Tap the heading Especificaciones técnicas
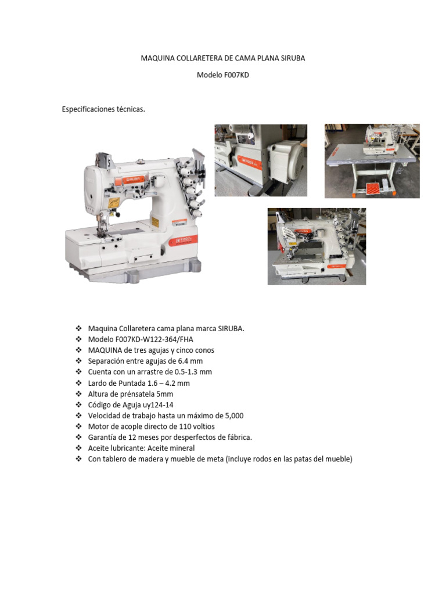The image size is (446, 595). point(103,109)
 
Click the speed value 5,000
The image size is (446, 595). point(232,415)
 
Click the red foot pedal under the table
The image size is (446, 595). point(372,188)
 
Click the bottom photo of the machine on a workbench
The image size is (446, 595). point(316,246)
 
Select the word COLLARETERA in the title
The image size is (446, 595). point(198,58)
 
